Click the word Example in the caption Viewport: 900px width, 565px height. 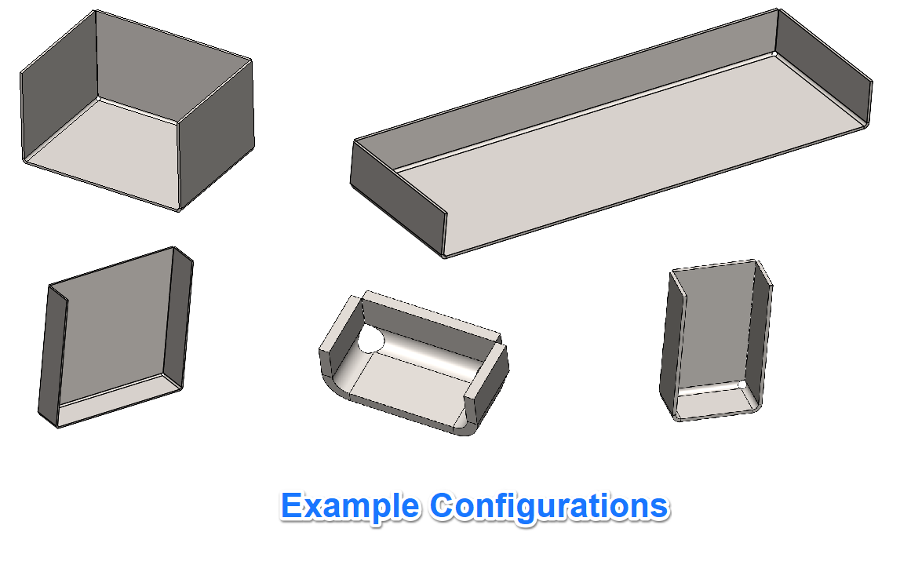pos(349,506)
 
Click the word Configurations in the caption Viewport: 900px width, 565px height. pos(549,506)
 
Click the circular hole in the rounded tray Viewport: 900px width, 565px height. pos(370,340)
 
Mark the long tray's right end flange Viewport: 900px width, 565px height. pos(824,66)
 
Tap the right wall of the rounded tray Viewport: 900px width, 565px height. pos(488,382)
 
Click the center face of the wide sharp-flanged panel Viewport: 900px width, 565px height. pos(115,327)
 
